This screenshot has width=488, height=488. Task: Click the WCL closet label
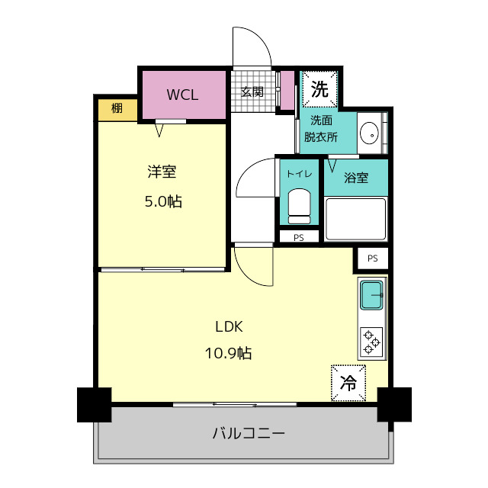(x=183, y=95)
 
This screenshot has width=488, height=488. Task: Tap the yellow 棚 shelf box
(x=117, y=109)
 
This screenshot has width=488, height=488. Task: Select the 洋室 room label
(x=162, y=172)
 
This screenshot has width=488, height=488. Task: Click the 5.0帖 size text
(x=163, y=202)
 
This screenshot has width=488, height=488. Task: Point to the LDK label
(x=228, y=326)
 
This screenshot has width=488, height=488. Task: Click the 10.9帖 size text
(x=228, y=353)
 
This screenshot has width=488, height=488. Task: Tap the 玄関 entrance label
(x=252, y=91)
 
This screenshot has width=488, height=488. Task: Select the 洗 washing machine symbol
(x=319, y=89)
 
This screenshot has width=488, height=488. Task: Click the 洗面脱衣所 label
(x=320, y=128)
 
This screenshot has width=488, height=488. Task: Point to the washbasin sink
(x=369, y=133)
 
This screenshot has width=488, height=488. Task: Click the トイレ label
(x=298, y=174)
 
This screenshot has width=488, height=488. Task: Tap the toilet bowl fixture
(x=298, y=204)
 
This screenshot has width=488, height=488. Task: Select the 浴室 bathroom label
(x=356, y=178)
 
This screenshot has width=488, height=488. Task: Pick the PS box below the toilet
(x=298, y=237)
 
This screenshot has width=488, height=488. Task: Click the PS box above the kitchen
(x=372, y=258)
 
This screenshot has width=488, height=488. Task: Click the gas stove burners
(x=371, y=340)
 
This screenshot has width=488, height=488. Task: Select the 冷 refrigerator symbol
(x=348, y=382)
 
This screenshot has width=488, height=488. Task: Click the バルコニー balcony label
(x=248, y=434)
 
